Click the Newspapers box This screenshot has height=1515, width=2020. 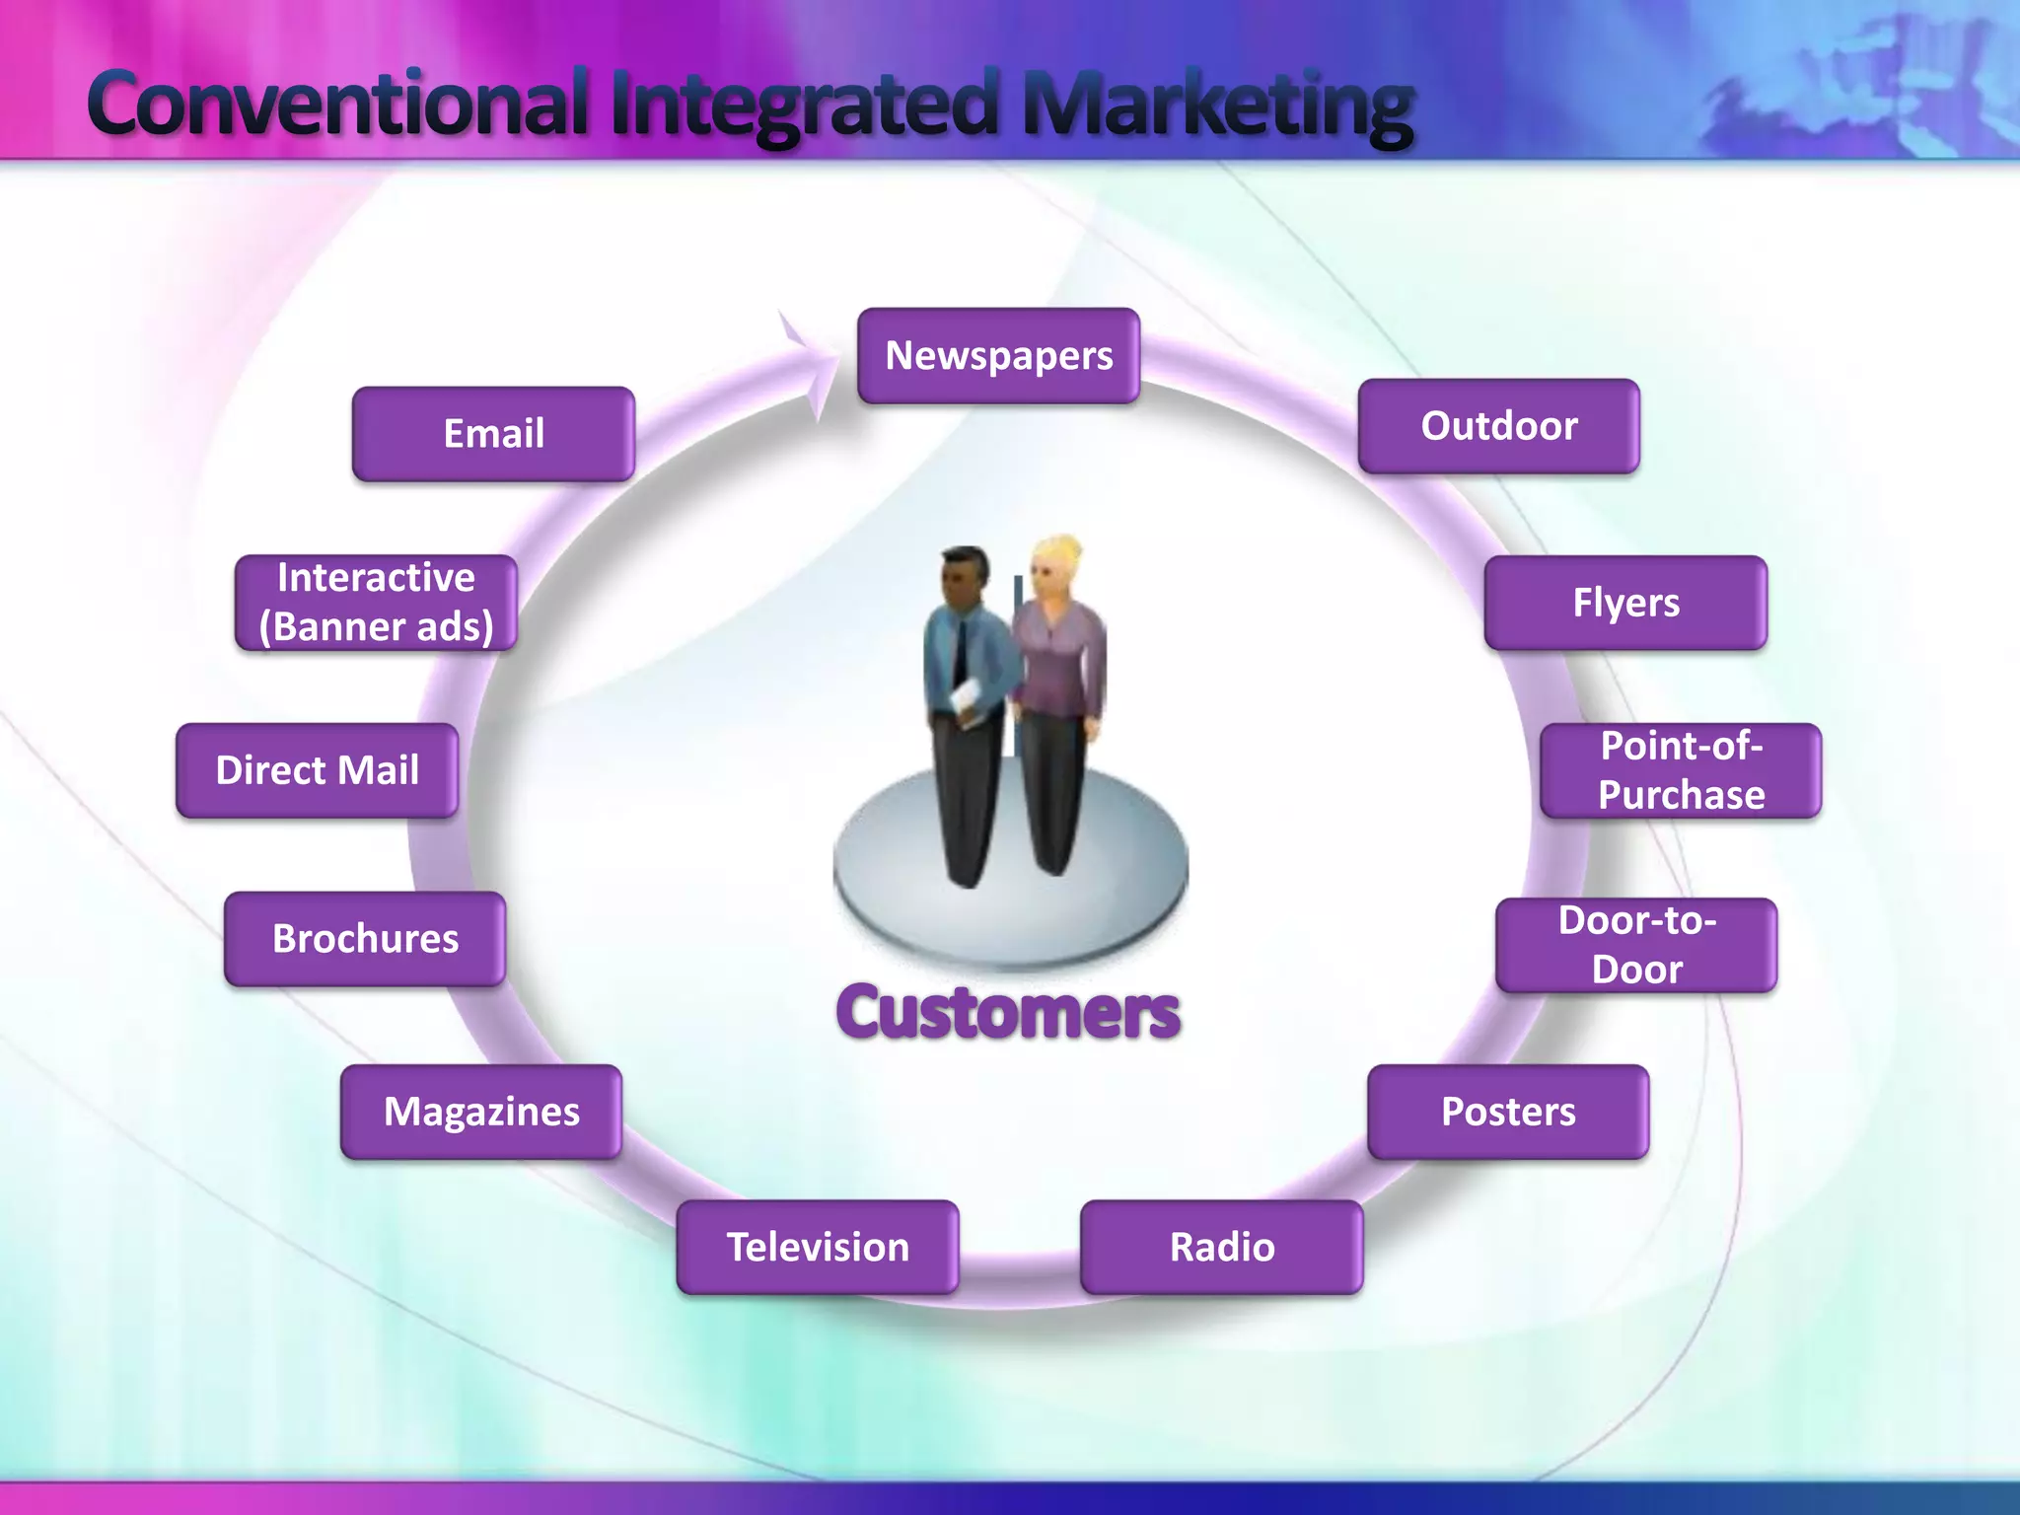pyautogui.click(x=998, y=356)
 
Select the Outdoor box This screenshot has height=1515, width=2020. pyautogui.click(x=1498, y=426)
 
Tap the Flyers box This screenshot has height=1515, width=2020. pyautogui.click(x=1624, y=603)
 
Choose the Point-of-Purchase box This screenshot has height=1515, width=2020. pyautogui.click(x=1681, y=770)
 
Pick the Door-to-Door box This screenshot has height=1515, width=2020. pyautogui.click(x=1635, y=945)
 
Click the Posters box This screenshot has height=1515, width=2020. pyautogui.click(x=1507, y=1112)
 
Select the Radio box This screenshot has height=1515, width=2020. pyautogui.click(x=1221, y=1247)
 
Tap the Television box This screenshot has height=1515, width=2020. pyautogui.click(x=817, y=1247)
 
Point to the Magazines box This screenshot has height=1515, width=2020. pyautogui.click(x=481, y=1112)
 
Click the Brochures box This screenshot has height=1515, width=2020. pyautogui.click(x=365, y=939)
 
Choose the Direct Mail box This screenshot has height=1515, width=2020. pyautogui.click(x=317, y=770)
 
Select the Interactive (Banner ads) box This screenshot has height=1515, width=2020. pyautogui.click(x=376, y=603)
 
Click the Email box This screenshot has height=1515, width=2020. pyautogui.click(x=493, y=434)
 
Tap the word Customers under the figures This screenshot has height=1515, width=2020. pyautogui.click(x=1008, y=1013)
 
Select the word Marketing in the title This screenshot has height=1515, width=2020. pyautogui.click(x=1217, y=107)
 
